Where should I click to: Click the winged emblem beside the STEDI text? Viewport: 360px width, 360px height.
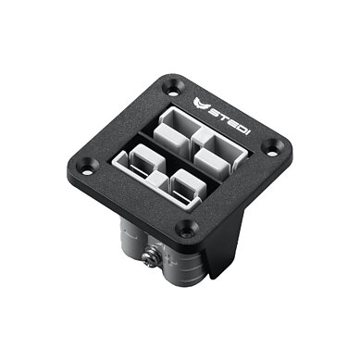[x=201, y=105]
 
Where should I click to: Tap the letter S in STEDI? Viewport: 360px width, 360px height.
[x=213, y=112]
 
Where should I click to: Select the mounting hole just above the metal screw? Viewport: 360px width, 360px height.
[x=185, y=230]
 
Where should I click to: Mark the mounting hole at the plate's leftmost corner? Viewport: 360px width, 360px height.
[x=88, y=168]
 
